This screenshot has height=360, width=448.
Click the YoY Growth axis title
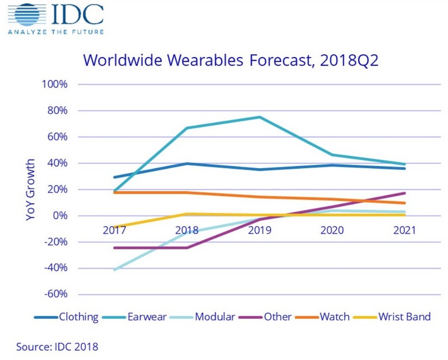[31, 189]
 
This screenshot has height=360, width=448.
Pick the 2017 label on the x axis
[114, 230]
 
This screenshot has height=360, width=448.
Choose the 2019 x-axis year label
[259, 230]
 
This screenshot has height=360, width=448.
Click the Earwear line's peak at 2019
[259, 117]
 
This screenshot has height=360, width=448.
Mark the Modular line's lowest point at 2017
[114, 270]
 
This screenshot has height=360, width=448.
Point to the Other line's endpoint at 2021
[404, 193]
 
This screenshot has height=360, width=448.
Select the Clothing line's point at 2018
[187, 164]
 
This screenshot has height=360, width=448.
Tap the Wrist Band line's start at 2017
[114, 227]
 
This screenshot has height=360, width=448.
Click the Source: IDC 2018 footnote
[57, 347]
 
